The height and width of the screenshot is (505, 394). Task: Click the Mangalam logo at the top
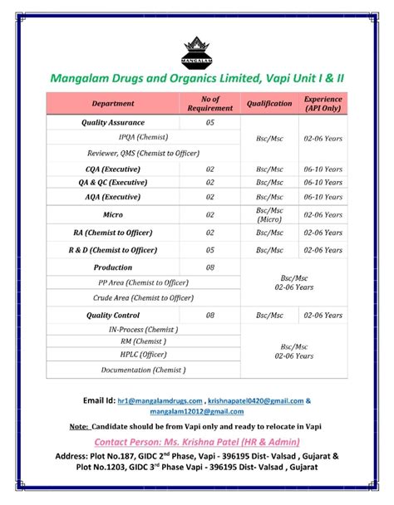[x=196, y=51]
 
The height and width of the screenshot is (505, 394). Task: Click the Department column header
[x=113, y=104]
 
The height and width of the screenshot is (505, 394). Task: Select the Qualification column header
[x=269, y=104]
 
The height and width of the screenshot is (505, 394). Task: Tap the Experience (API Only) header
[x=323, y=104]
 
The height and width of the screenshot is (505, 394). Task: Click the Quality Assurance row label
[x=113, y=122]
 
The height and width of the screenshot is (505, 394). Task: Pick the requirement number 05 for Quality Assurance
[x=210, y=122]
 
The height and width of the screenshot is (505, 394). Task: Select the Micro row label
[x=113, y=214]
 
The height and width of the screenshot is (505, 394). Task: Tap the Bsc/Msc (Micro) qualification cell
[x=269, y=214]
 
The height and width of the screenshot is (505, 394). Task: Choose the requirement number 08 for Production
[x=210, y=267]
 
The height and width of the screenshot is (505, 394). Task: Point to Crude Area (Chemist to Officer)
[x=143, y=297]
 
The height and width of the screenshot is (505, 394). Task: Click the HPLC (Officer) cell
[x=143, y=354]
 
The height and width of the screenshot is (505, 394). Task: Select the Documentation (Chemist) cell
[x=143, y=369]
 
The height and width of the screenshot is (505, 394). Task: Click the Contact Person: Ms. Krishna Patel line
[x=196, y=442]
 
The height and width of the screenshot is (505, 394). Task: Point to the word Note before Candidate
[x=80, y=427]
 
